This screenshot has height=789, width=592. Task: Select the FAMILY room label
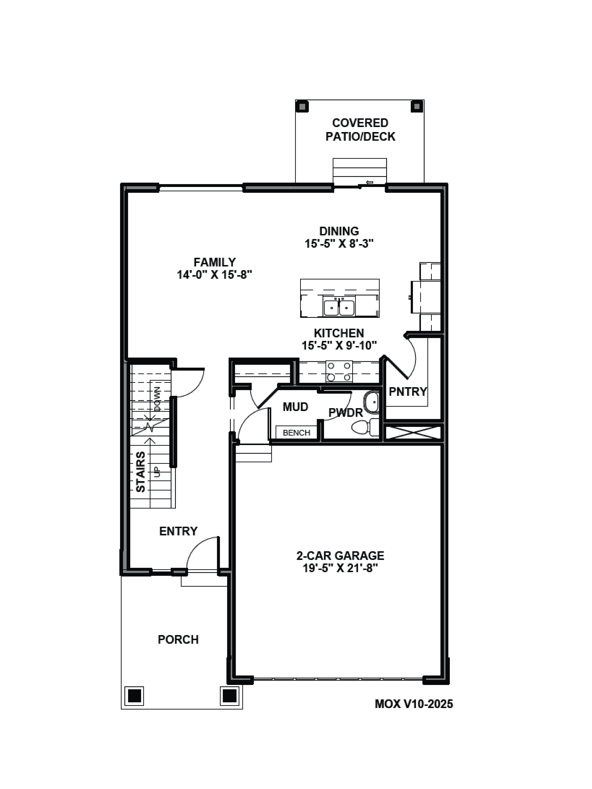pyautogui.click(x=215, y=262)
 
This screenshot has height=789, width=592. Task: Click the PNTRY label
pyautogui.click(x=407, y=392)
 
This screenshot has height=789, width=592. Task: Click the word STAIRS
pyautogui.click(x=141, y=472)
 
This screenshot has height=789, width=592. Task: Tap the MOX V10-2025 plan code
pyautogui.click(x=414, y=704)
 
